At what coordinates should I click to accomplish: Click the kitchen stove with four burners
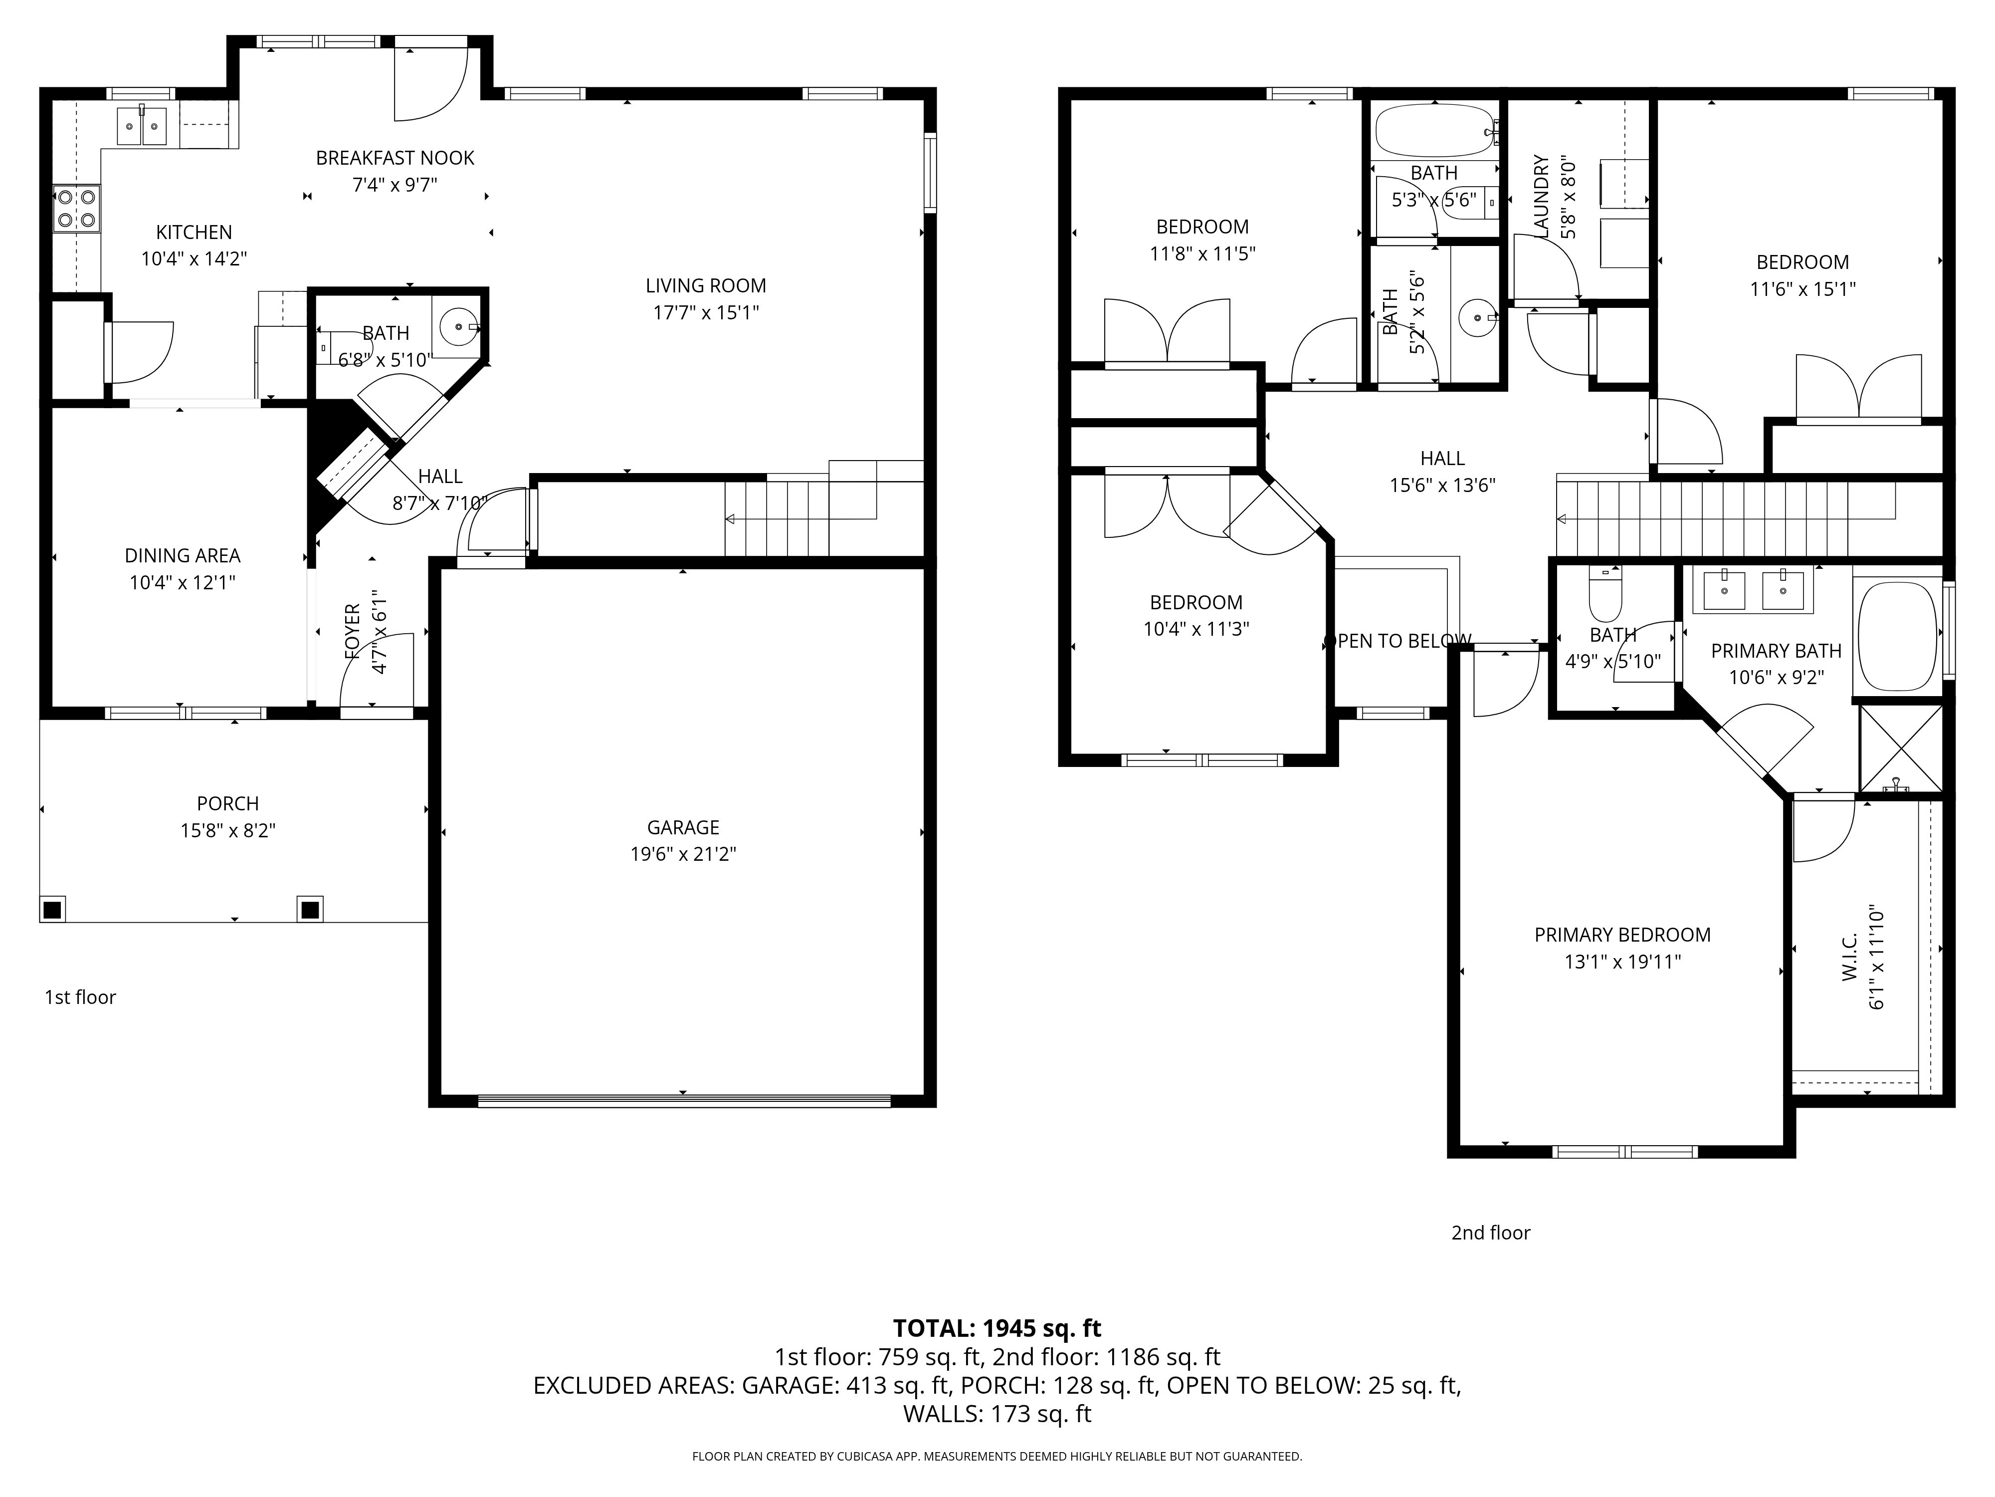77,209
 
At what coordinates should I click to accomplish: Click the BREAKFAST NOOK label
395,158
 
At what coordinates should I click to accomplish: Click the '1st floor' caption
80,997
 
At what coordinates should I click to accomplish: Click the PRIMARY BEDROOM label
1622,935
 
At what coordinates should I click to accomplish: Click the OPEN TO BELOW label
1397,641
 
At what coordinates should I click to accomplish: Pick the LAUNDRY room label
1541,197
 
